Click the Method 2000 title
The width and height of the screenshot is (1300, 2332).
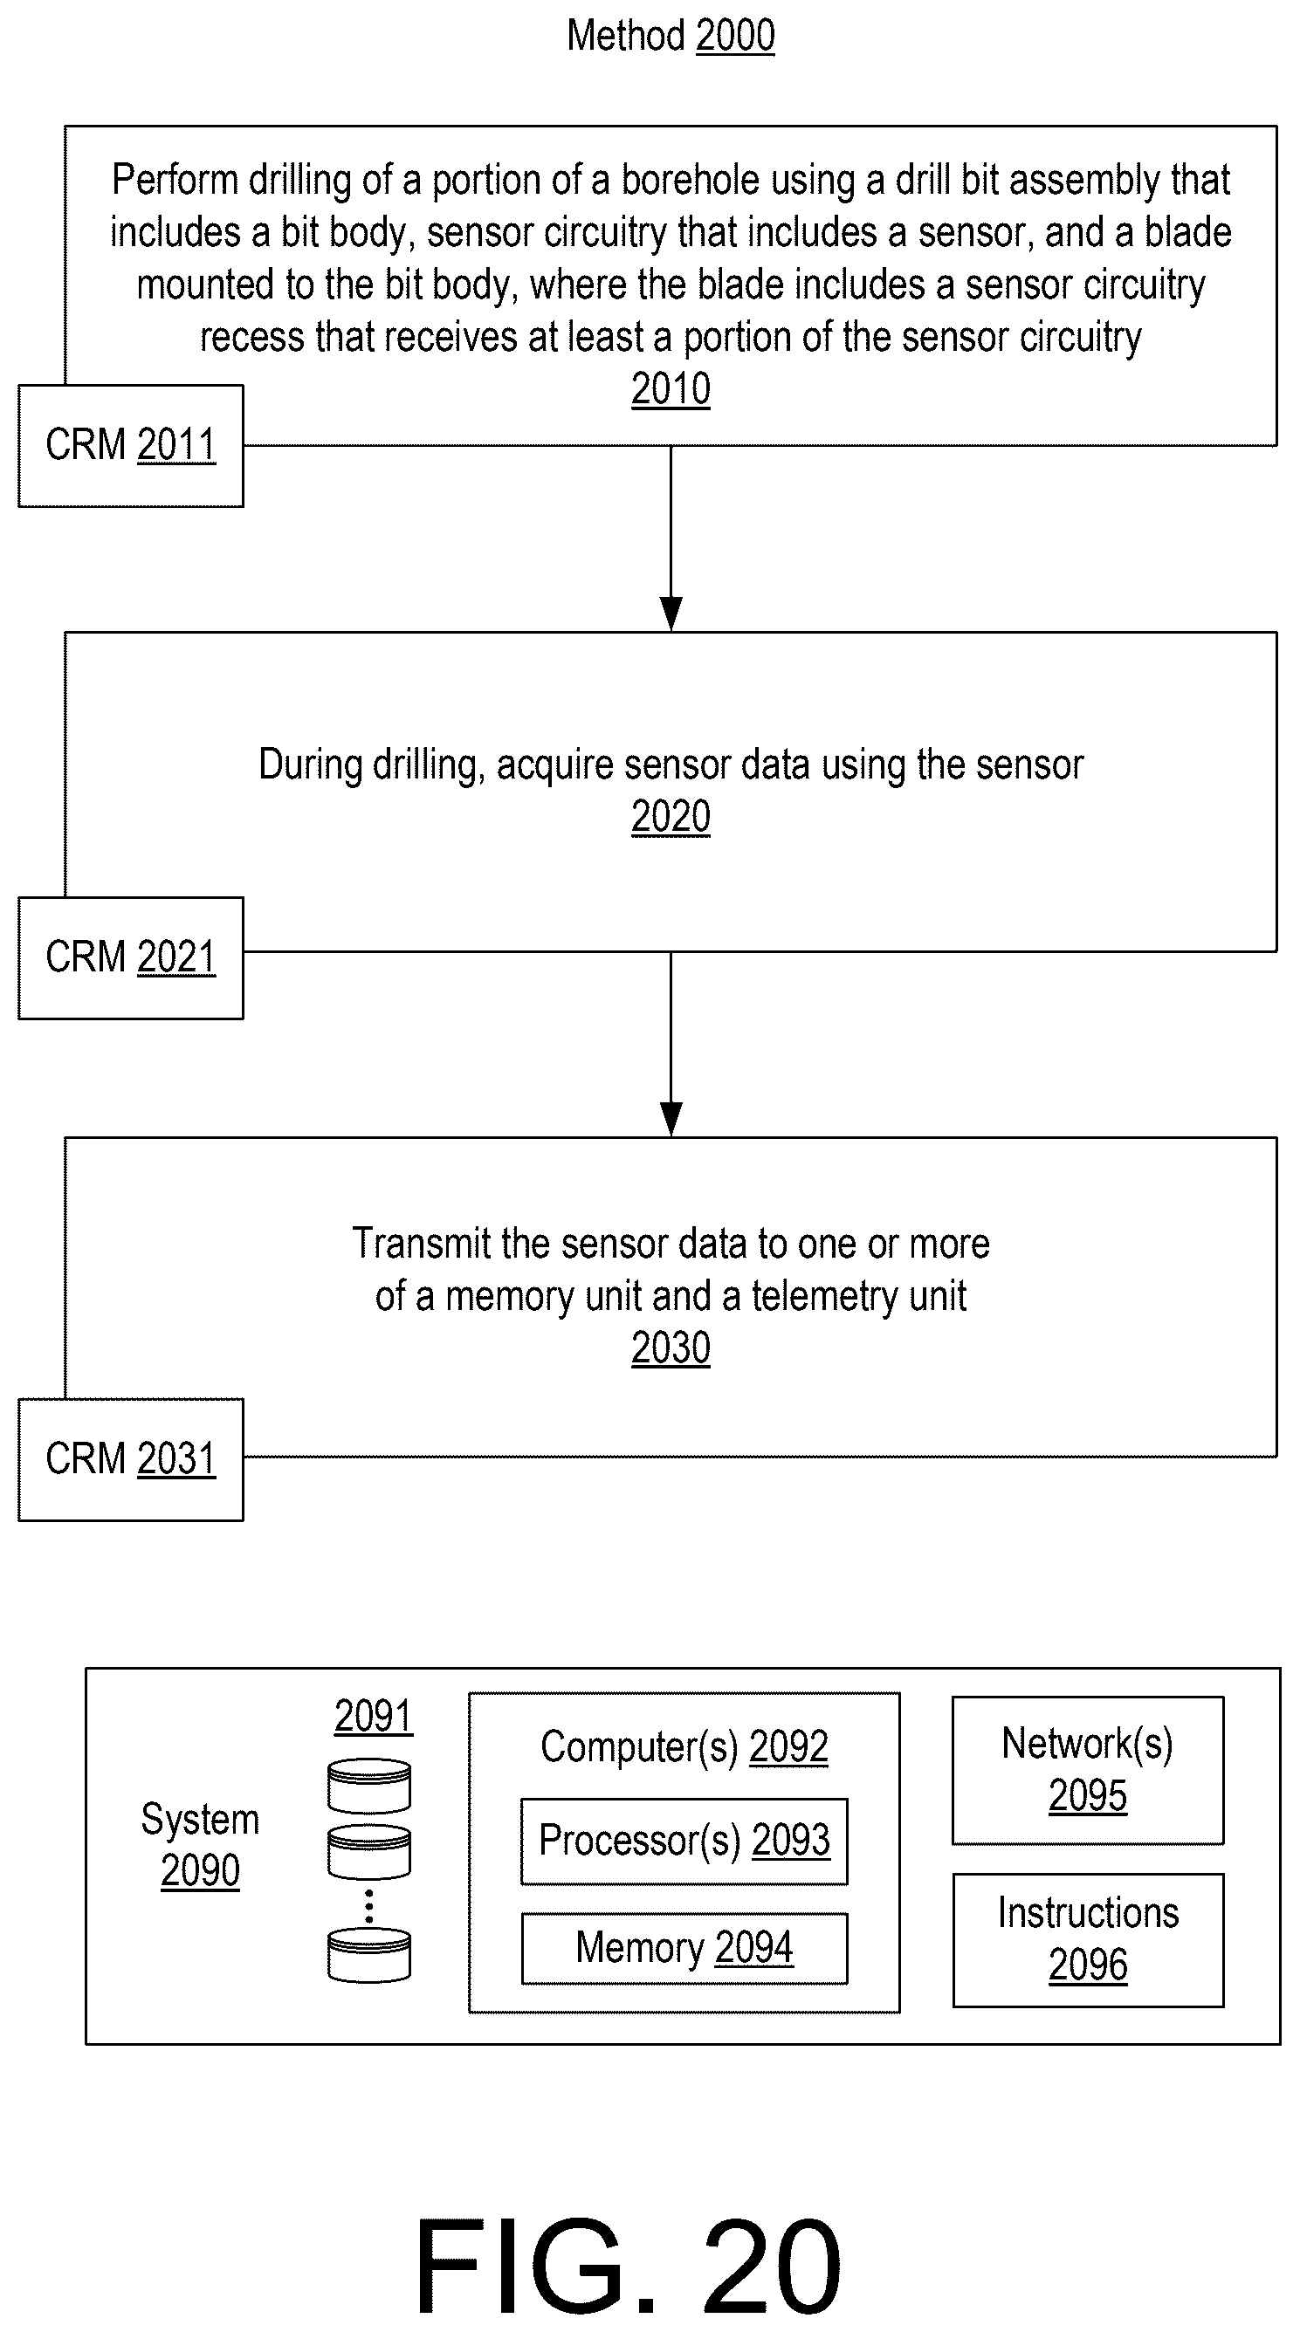[671, 36]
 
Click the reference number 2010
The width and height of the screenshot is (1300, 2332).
[671, 389]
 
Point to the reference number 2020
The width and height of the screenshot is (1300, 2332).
[671, 817]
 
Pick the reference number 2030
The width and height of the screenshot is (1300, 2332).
[671, 1348]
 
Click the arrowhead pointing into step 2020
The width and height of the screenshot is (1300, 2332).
[671, 614]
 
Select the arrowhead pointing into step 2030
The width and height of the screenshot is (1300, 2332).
[671, 1120]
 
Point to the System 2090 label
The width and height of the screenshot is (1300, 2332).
[200, 1844]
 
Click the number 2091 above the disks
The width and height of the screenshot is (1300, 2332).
[373, 1716]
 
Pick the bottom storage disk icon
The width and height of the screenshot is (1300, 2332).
[369, 1955]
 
